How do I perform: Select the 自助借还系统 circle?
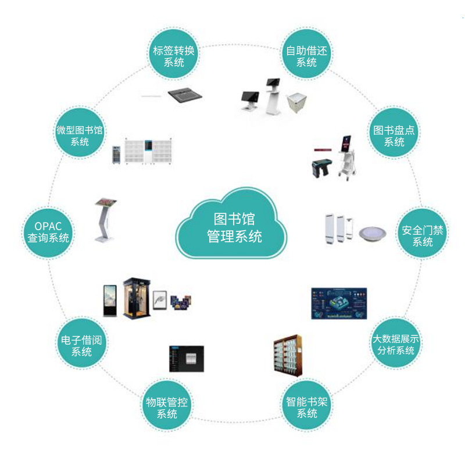coord(306,56)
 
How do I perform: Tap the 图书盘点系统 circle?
coord(394,135)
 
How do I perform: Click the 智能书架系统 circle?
coord(307,407)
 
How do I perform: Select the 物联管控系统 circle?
coord(167,407)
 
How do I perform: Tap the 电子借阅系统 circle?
coord(81,345)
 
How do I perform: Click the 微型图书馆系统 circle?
coord(80,135)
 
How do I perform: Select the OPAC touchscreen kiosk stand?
coord(106,220)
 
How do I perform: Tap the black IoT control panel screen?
coord(186,359)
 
